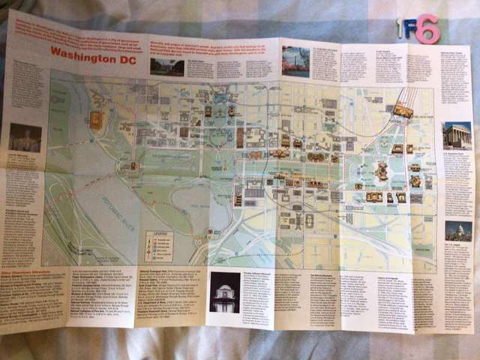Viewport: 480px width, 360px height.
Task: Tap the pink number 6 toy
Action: click(427, 29)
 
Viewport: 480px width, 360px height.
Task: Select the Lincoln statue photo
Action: click(25, 138)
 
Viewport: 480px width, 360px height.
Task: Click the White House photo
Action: click(166, 67)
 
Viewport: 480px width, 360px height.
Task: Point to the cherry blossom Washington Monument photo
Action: click(295, 60)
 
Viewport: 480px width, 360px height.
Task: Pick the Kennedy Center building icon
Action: click(96, 118)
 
